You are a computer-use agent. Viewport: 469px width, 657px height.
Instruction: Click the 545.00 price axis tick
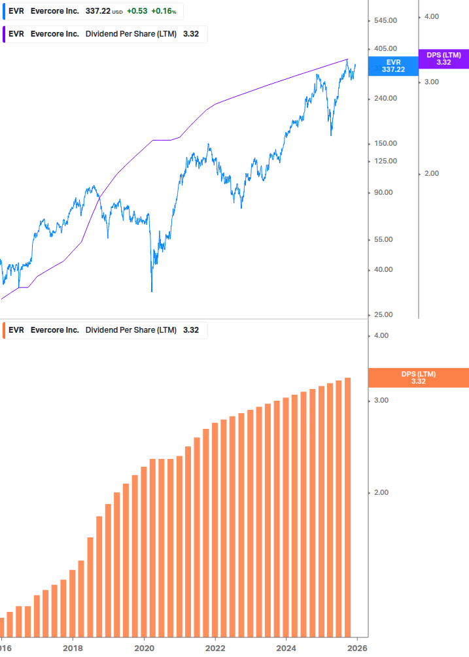pos(385,21)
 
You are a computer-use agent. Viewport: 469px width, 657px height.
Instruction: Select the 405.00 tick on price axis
pos(385,48)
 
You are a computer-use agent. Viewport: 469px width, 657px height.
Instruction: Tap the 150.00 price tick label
pos(385,144)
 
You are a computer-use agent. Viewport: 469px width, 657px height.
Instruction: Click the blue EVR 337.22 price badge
pos(393,65)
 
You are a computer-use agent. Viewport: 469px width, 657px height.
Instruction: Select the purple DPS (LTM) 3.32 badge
pos(443,59)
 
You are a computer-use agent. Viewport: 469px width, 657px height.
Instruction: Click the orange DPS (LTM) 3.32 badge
pos(418,378)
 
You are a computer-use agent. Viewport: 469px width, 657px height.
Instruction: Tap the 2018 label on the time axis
pos(73,648)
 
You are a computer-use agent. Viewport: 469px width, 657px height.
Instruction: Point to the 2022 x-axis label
pos(215,648)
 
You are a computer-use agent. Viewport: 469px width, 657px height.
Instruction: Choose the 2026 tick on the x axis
pos(356,648)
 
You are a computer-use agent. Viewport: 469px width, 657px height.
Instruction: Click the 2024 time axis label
pos(286,648)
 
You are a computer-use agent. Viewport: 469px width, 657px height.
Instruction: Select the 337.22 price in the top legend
pos(98,12)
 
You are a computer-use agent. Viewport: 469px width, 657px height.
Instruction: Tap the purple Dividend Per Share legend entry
pos(105,34)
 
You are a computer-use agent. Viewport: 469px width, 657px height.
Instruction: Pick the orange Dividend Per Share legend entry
pos(105,330)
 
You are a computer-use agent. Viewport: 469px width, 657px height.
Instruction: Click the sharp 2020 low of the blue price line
pos(152,290)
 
